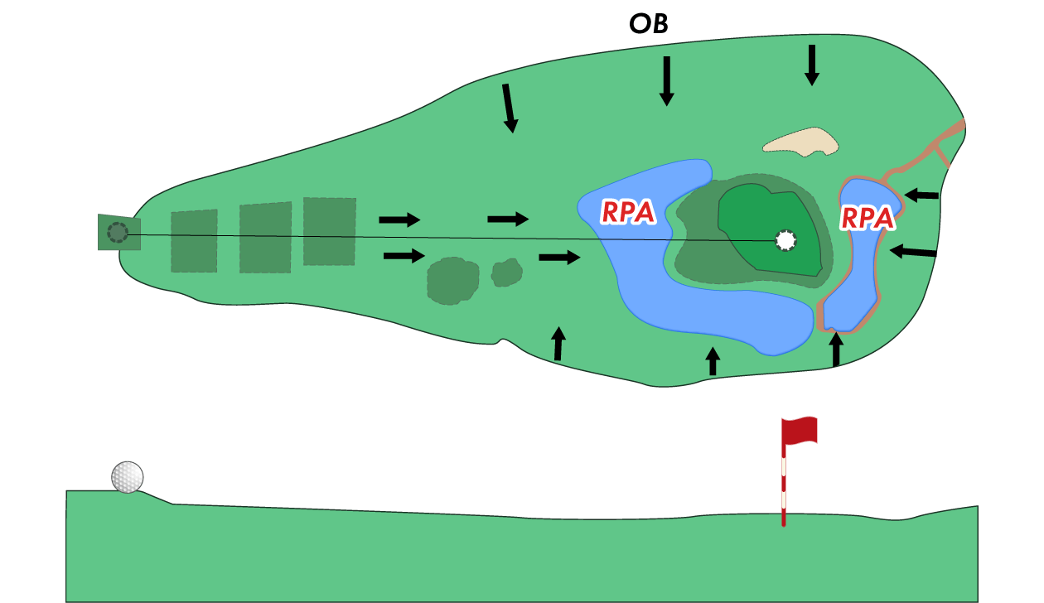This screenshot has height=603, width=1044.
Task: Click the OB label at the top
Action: point(649,23)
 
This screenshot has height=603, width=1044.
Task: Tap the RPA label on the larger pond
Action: point(628,213)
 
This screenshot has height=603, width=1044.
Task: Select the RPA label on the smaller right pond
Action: point(868,218)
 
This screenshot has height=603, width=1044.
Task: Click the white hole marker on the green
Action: point(785,240)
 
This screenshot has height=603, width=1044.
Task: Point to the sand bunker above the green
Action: point(800,142)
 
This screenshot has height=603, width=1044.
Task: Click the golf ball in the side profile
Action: point(128,477)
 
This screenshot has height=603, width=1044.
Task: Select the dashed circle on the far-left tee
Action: point(118,233)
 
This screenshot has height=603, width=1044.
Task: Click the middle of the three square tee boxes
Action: point(265,238)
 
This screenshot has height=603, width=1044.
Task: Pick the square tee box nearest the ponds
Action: point(330,232)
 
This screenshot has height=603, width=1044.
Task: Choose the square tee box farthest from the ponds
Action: point(194,241)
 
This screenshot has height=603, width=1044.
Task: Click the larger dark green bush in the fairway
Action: point(452,281)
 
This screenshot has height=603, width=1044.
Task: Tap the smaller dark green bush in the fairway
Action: point(506,273)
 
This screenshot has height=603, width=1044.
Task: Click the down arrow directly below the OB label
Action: point(666,80)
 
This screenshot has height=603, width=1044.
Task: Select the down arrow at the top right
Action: point(812,65)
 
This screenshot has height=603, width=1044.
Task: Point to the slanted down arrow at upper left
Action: point(509,109)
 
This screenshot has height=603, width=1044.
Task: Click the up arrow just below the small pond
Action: point(836,348)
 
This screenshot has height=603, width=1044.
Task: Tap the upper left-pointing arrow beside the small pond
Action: point(921,195)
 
